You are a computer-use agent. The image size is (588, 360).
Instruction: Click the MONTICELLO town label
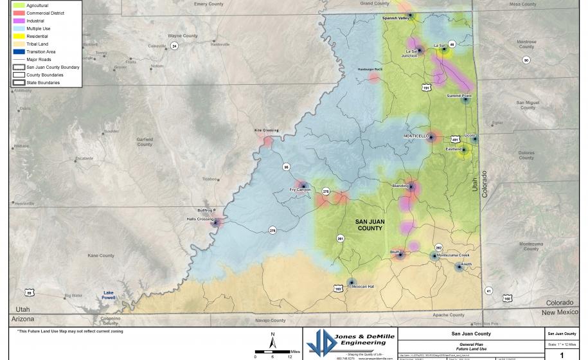416,136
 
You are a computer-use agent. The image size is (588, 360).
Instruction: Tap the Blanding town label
400,186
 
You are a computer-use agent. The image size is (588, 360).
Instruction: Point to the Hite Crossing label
267,130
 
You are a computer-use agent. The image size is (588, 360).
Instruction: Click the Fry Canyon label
300,190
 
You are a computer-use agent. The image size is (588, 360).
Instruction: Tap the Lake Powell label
113,296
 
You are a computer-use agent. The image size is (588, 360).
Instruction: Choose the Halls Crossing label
200,219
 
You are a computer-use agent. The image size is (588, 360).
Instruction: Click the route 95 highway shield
286,167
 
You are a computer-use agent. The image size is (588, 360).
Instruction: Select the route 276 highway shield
272,230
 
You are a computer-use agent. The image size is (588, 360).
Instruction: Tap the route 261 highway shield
339,239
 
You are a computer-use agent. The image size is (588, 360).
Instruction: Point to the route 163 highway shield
338,289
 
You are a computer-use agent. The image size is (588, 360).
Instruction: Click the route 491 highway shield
455,139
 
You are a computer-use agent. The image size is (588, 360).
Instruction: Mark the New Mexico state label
560,312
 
